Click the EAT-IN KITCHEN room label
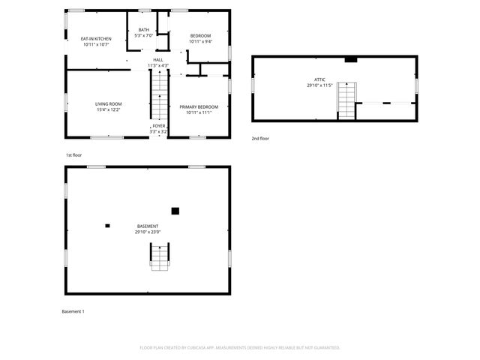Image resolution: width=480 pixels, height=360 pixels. tap(97, 39)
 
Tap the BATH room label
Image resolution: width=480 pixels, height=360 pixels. tap(143, 30)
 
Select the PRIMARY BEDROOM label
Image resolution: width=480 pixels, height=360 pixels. tap(199, 107)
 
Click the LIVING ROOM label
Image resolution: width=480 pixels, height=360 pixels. tap(108, 103)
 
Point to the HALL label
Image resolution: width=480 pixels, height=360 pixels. tap(158, 60)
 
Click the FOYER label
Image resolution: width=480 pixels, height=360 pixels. tap(158, 126)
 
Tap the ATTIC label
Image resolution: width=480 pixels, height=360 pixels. tap(320, 79)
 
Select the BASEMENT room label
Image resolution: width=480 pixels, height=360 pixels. tap(148, 226)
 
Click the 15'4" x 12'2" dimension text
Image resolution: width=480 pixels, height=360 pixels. tap(108, 109)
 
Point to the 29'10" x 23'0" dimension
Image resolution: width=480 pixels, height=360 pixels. tap(148, 232)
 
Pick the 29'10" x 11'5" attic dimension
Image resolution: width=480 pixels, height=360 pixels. tap(320, 85)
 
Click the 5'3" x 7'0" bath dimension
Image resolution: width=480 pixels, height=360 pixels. tap(143, 36)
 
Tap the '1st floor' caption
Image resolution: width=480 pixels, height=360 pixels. tap(73, 155)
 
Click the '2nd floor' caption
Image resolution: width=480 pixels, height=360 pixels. tap(260, 139)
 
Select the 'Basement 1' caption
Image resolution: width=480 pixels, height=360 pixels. tap(73, 311)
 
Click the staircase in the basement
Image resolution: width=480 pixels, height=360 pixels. tap(160, 257)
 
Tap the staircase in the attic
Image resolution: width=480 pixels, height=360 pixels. tap(346, 100)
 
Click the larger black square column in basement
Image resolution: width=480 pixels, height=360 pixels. tap(175, 211)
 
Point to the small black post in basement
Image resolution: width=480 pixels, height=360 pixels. tap(108, 225)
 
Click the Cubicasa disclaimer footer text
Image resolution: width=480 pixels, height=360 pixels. tap(240, 347)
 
